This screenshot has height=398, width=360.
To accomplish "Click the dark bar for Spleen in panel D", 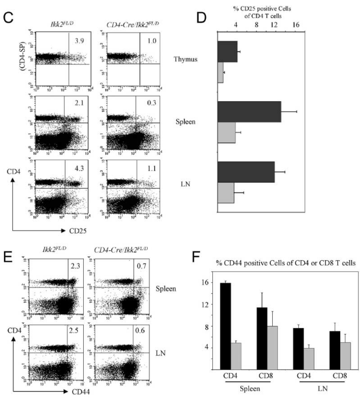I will tap(249, 112).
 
